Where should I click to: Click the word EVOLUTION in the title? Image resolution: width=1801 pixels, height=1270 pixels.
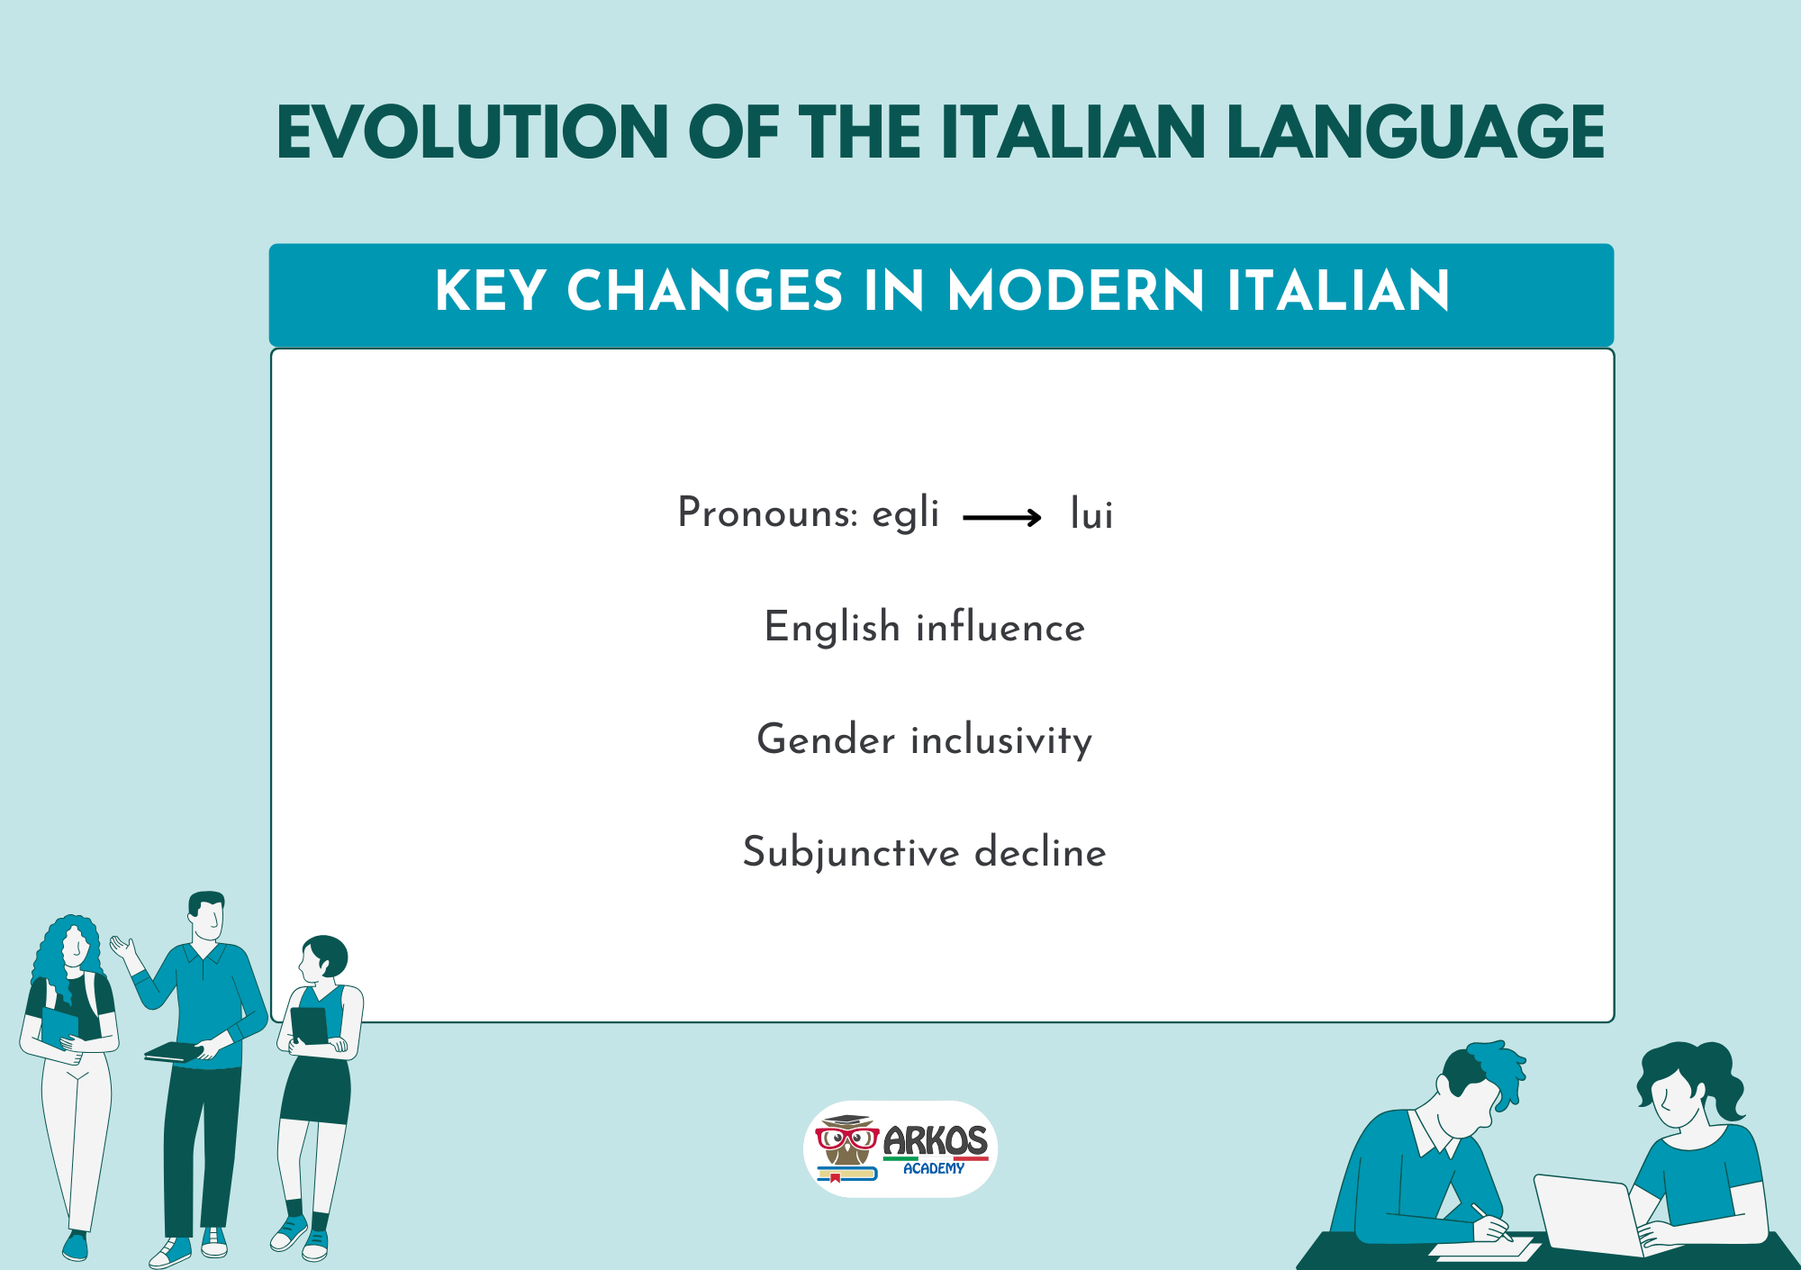point(473,132)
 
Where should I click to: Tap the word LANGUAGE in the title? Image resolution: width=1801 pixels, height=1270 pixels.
point(1416,132)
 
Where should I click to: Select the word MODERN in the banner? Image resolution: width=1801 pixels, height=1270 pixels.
point(1075,291)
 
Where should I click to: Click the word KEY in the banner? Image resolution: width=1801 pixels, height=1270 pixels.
point(490,291)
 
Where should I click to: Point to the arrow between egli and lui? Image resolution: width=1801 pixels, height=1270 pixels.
point(1002,517)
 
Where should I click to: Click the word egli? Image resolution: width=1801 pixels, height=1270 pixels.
point(905,514)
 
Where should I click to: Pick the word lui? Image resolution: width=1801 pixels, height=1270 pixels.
point(1091,514)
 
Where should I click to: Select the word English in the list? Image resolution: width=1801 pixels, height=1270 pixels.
point(832,628)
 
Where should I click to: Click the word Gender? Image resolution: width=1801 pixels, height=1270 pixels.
point(826,739)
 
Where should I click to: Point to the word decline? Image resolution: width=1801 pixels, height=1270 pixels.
point(1040,852)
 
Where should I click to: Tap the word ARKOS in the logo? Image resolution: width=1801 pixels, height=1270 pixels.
point(935,1141)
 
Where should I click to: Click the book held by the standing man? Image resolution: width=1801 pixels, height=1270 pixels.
point(173,1052)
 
